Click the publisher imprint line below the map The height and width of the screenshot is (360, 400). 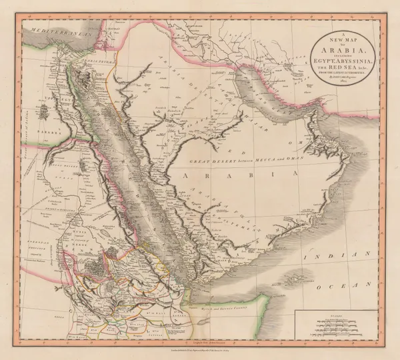200,350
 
